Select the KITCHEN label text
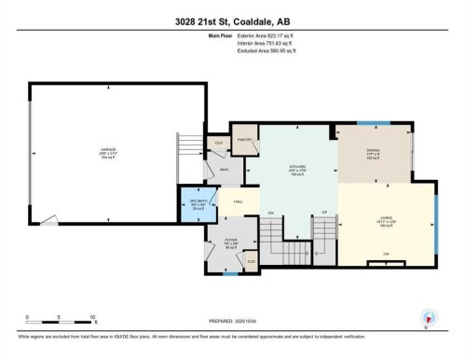(x=297, y=169)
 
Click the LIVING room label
(x=385, y=219)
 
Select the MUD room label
(x=224, y=170)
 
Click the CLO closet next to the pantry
(x=219, y=143)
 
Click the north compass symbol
(x=428, y=317)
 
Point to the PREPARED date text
(x=233, y=320)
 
